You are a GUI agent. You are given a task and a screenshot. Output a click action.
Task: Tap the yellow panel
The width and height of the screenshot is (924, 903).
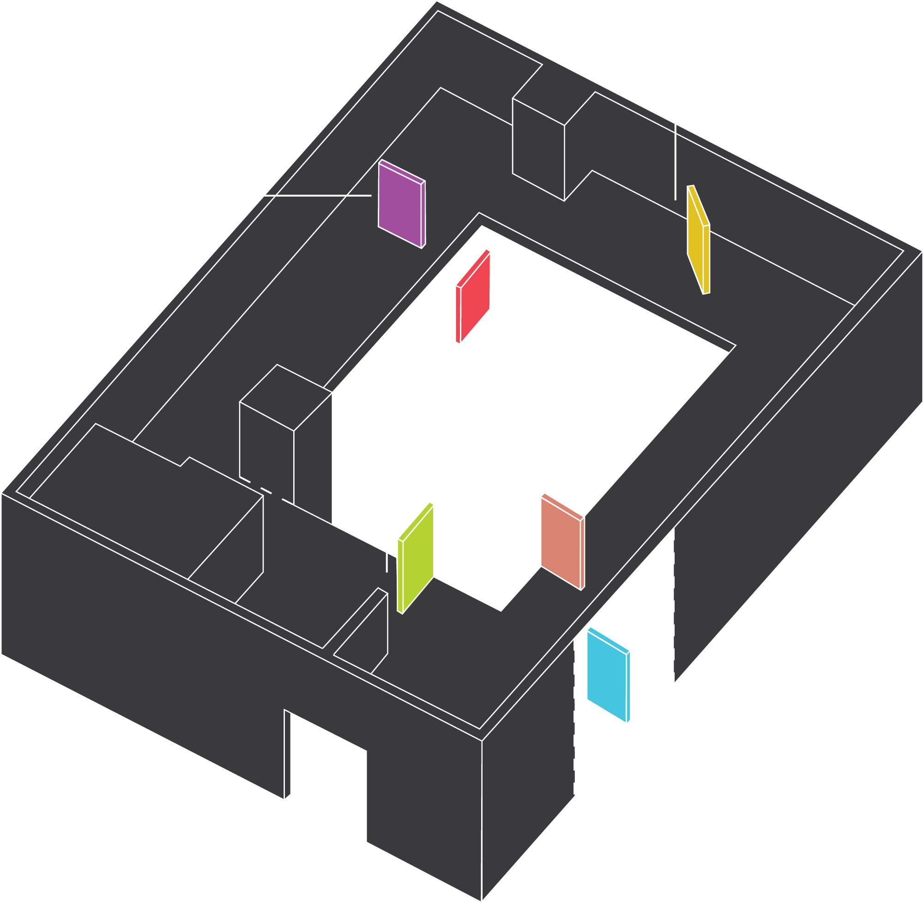(x=698, y=239)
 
